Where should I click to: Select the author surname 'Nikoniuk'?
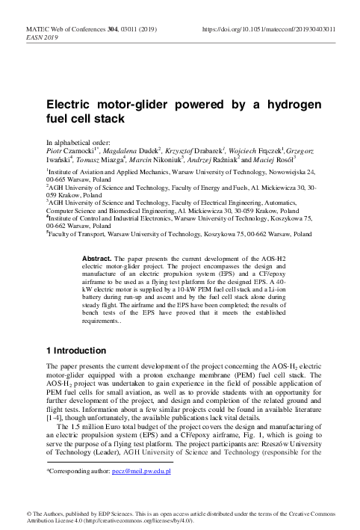(x=160, y=159)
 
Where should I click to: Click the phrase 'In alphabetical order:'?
(x=78, y=141)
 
